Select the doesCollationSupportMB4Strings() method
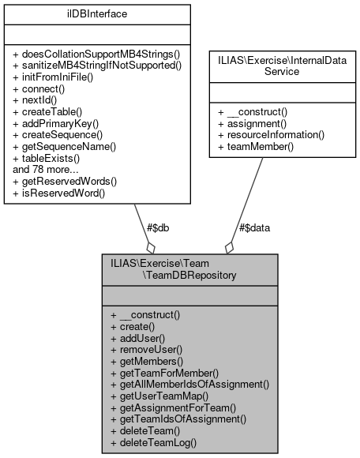coord(96,53)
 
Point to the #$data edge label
coord(255,227)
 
